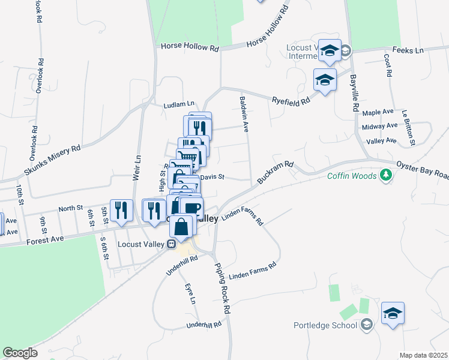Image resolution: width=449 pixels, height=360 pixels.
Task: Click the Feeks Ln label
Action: click(408, 50)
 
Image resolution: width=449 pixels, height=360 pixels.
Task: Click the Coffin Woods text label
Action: click(352, 176)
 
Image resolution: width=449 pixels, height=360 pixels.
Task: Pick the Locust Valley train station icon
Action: click(171, 244)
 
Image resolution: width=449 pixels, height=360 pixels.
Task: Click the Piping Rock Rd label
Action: click(222, 289)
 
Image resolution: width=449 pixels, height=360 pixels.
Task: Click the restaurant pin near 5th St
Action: click(121, 210)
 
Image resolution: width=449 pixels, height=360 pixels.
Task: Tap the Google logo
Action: click(20, 353)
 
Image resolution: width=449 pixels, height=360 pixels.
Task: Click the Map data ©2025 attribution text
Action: click(423, 355)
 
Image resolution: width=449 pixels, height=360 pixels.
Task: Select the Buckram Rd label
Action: click(274, 172)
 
